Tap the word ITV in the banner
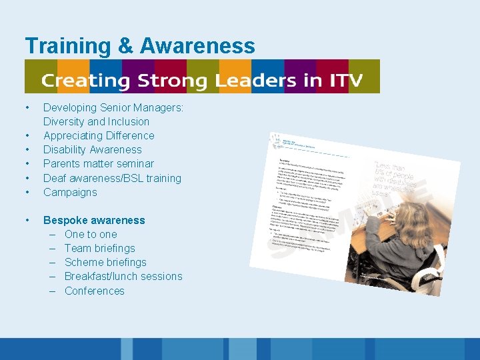347,81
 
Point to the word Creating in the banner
87,81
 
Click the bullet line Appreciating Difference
99,135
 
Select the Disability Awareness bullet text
93,149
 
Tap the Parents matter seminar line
99,163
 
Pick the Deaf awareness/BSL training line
112,178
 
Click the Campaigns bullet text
70,192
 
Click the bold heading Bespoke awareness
94,220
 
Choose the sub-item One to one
91,234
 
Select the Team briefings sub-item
99,248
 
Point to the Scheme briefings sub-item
105,262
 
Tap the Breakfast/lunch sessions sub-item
123,276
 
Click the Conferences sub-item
95,291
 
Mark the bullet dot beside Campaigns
27,192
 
